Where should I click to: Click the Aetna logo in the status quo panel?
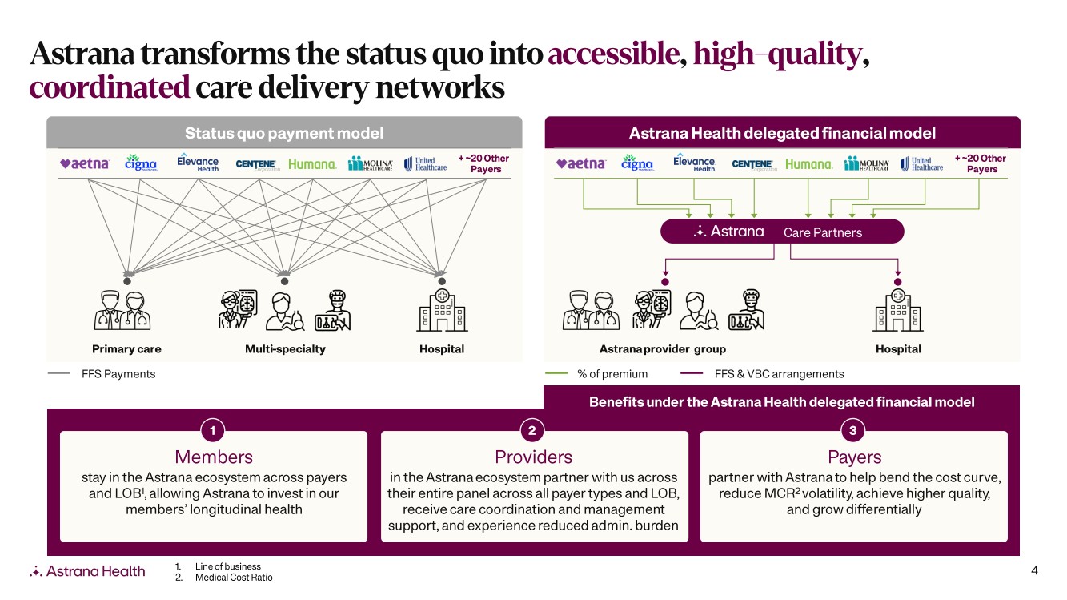point(85,163)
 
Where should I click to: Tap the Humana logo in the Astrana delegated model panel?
point(808,164)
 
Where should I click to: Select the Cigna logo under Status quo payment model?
point(141,163)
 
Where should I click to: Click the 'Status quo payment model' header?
point(284,133)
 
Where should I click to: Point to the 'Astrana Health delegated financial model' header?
point(782,133)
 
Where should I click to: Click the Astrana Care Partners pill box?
point(781,232)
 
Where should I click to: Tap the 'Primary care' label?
point(126,349)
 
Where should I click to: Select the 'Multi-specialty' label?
point(285,349)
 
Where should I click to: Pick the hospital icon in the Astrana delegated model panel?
point(898,310)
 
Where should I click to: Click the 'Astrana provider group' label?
point(663,349)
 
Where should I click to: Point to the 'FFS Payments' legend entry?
point(118,374)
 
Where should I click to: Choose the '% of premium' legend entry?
point(612,374)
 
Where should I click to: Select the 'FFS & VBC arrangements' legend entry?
point(779,374)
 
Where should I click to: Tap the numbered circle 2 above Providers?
point(532,430)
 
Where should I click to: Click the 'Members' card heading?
point(214,457)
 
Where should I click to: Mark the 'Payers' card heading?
point(854,457)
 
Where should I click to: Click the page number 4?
point(1034,571)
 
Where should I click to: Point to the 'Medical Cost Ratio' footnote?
point(233,578)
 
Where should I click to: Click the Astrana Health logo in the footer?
point(88,571)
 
